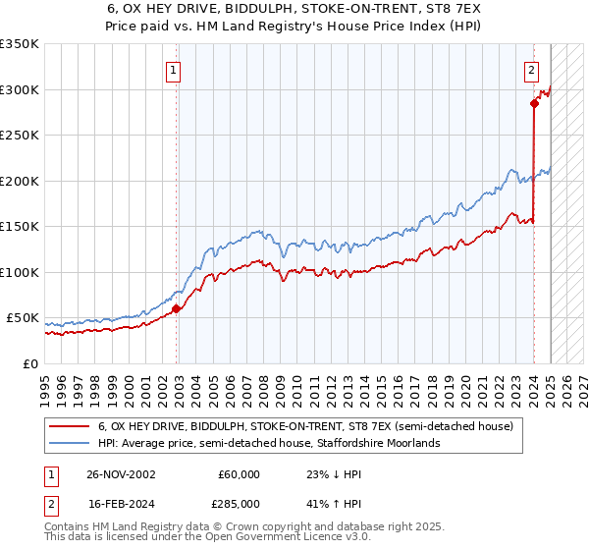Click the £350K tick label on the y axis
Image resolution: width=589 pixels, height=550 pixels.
pyautogui.click(x=20, y=44)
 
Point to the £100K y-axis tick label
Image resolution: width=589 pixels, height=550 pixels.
pyautogui.click(x=20, y=272)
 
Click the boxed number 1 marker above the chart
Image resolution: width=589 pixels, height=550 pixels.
pyautogui.click(x=173, y=70)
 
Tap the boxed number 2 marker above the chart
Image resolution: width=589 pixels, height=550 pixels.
pyautogui.click(x=531, y=70)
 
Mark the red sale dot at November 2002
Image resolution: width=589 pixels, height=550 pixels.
pyautogui.click(x=177, y=309)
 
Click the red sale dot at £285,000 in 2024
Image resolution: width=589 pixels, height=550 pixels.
pyautogui.click(x=534, y=103)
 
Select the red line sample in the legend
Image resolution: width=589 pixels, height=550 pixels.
pyautogui.click(x=70, y=427)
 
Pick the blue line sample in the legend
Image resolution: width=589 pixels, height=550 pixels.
pyautogui.click(x=70, y=444)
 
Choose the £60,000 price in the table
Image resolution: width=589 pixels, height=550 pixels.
pyautogui.click(x=239, y=474)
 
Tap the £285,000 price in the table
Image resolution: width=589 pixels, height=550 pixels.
pyautogui.click(x=239, y=504)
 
